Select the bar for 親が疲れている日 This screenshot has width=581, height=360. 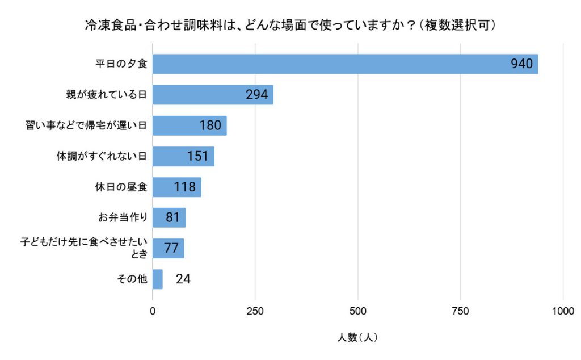tap(213, 95)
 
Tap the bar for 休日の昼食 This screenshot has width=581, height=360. tap(177, 187)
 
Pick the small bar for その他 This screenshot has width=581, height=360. tap(158, 279)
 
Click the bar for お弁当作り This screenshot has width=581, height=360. tap(169, 217)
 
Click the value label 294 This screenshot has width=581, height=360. tap(256, 95)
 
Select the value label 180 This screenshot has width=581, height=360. tap(210, 125)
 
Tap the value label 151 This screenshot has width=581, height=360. tap(198, 156)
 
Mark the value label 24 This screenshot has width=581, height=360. tap(183, 279)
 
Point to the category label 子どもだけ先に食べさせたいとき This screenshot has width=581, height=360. tap(83, 248)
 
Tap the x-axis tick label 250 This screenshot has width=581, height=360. tap(255, 311)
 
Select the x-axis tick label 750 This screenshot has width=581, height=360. tap(460, 311)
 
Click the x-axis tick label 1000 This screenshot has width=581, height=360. tap(563, 311)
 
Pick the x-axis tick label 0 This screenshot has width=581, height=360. tap(153, 311)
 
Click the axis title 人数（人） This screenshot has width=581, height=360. tap(357, 337)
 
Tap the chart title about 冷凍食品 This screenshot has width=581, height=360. tap(290, 25)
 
